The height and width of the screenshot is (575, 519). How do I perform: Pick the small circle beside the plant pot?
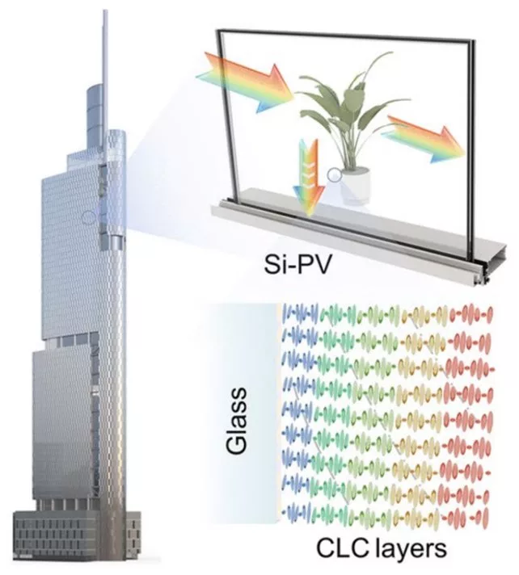pos(333,174)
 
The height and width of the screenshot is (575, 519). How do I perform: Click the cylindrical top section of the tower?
pos(96,112)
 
